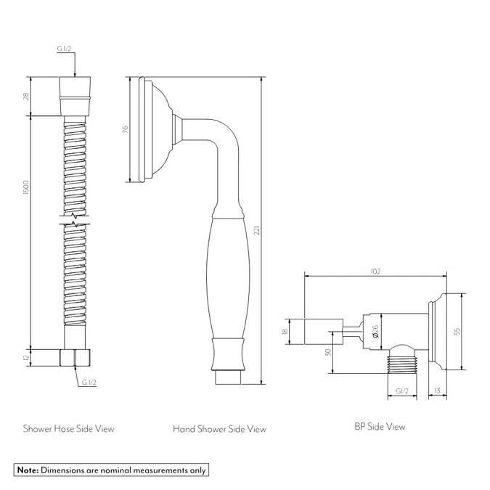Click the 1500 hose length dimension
click(x=26, y=187)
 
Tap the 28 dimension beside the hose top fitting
click(x=26, y=97)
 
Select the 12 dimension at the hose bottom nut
click(x=26, y=357)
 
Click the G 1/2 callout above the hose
click(x=64, y=49)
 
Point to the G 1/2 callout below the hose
click(x=89, y=382)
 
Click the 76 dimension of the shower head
click(x=125, y=129)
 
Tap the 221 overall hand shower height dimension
click(x=257, y=231)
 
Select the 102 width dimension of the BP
click(x=375, y=271)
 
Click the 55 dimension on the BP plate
click(x=457, y=331)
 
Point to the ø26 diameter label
click(x=375, y=331)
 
